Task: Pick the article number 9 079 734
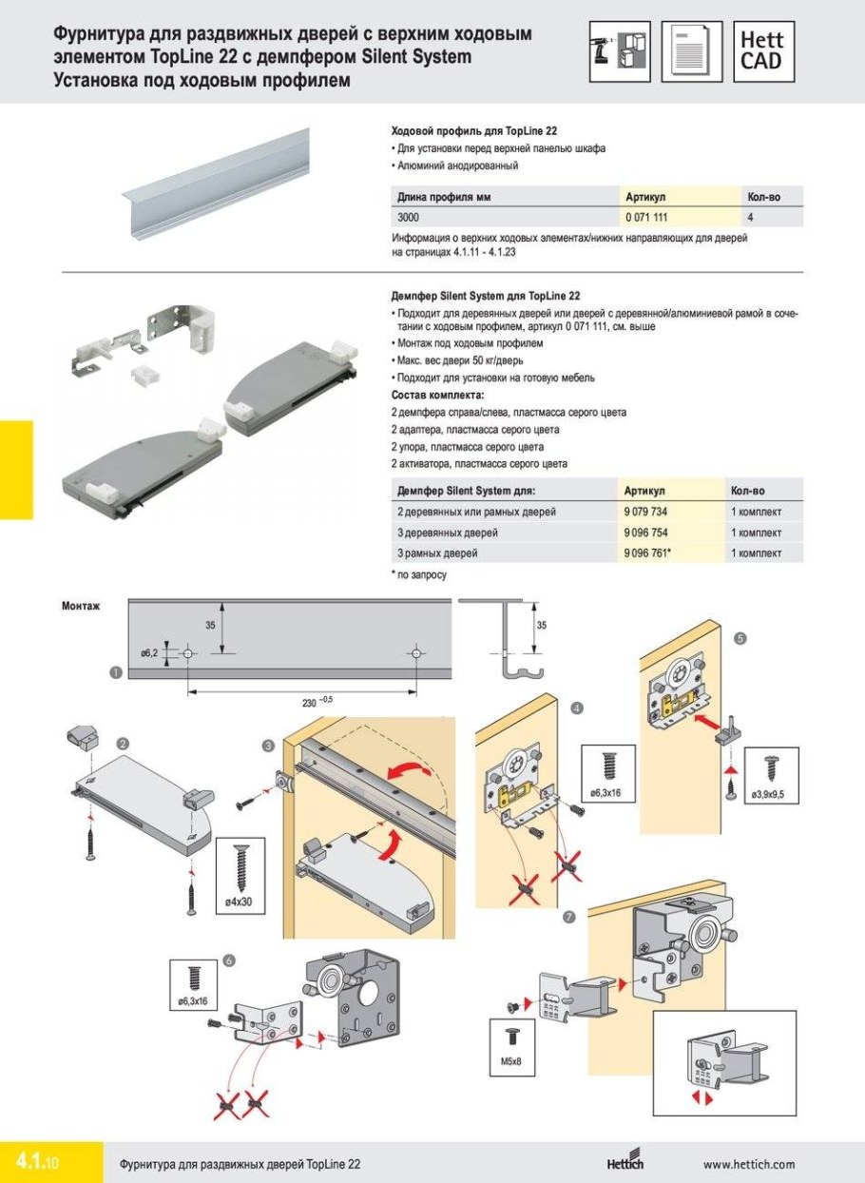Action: coord(645,513)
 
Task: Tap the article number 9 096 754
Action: coord(645,533)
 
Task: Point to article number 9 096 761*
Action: coord(647,553)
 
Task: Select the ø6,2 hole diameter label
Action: coord(149,653)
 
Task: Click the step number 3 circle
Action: coord(269,745)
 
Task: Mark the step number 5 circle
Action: coord(741,640)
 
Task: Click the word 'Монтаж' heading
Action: coord(81,605)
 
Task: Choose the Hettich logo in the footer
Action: coord(625,1163)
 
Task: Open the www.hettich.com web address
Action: coord(748,1164)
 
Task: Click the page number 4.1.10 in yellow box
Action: coord(38,1162)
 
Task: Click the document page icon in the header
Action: coord(692,51)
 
